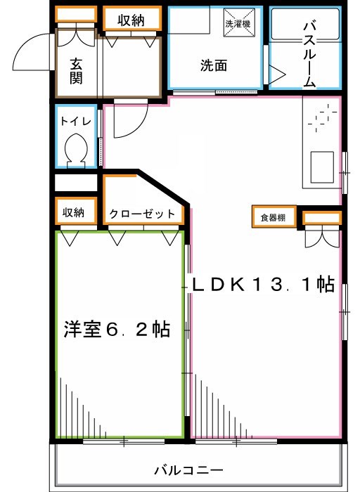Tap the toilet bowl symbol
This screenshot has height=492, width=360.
pyautogui.click(x=75, y=150)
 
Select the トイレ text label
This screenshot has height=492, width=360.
pyautogui.click(x=75, y=120)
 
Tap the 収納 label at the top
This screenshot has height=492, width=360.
pyautogui.click(x=131, y=20)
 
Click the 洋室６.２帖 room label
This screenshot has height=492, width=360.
pyautogui.click(x=117, y=329)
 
